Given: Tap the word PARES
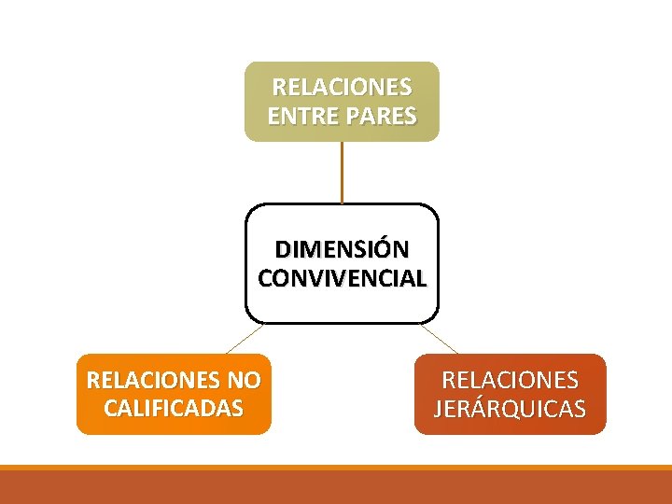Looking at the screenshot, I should click(380, 117).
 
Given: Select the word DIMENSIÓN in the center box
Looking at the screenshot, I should click(342, 250).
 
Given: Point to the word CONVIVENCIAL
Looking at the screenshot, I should click(342, 278).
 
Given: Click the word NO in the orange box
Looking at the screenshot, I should click(243, 381).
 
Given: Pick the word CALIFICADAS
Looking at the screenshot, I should click(174, 408).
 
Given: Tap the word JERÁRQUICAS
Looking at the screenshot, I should click(510, 409).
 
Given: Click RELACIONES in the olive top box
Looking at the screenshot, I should click(342, 88).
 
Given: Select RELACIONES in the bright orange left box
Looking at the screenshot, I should click(152, 381).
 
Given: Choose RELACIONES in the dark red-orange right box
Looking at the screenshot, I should click(510, 381).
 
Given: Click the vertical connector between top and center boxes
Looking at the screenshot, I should click(342, 173).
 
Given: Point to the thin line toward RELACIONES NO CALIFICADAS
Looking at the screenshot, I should click(245, 339).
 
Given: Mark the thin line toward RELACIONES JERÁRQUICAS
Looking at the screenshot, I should click(439, 339).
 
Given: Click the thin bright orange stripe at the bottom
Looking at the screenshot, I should click(336, 468).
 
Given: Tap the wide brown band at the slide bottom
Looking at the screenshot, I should click(336, 487).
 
